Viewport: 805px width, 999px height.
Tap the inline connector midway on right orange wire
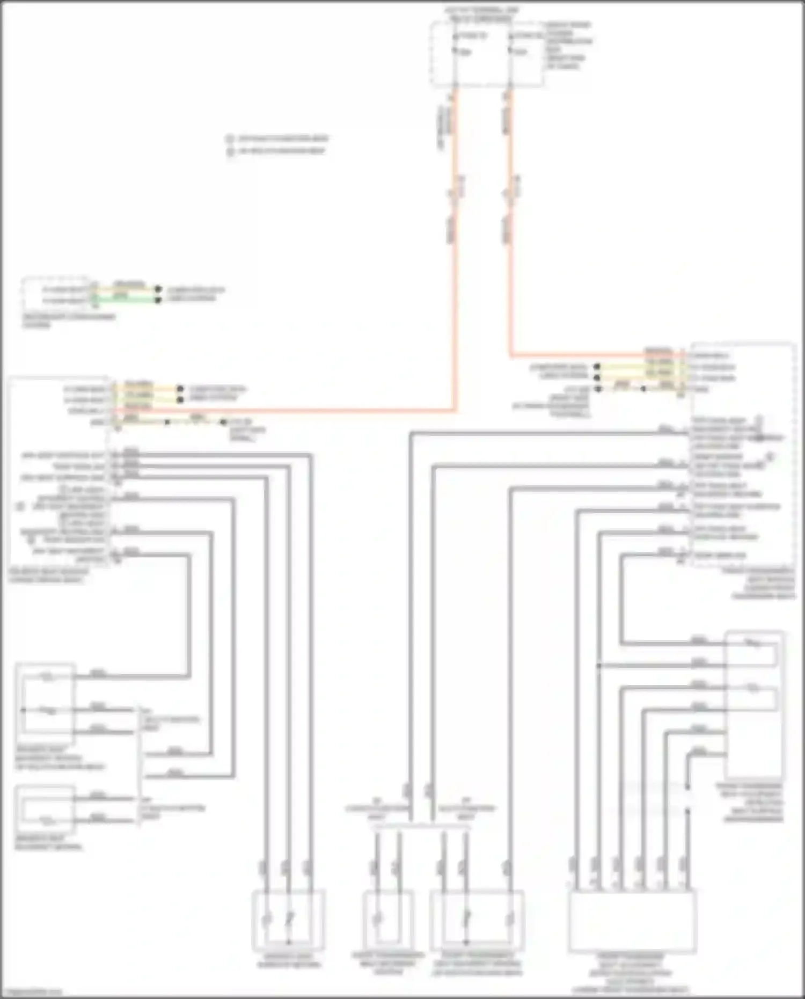tap(510, 194)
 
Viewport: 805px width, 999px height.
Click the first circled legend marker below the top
tap(230, 139)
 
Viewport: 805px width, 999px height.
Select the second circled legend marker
tap(230, 151)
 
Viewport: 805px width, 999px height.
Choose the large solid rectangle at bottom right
tap(632, 921)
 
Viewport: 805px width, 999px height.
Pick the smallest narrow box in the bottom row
tap(389, 920)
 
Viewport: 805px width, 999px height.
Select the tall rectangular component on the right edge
tap(753, 706)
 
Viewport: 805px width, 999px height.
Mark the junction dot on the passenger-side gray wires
tap(599, 666)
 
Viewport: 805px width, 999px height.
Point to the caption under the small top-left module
tap(68, 320)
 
